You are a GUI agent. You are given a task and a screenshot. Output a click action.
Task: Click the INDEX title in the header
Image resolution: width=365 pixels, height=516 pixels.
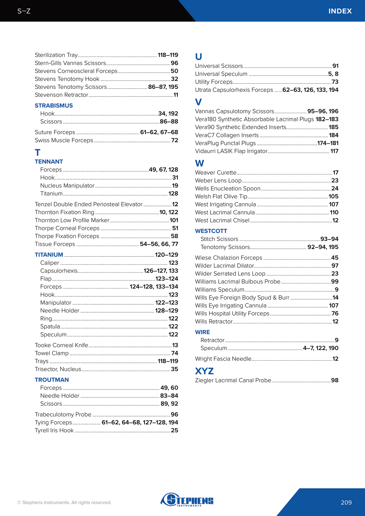point(340,11)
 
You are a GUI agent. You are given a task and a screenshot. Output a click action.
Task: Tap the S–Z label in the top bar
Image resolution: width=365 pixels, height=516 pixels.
point(24,11)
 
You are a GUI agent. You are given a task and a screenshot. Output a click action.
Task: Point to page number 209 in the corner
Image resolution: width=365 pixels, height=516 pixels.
point(346,502)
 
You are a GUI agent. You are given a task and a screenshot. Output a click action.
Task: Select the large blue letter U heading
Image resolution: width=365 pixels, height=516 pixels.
point(199,57)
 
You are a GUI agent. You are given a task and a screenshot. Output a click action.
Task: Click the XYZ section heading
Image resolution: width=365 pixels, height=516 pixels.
point(204,371)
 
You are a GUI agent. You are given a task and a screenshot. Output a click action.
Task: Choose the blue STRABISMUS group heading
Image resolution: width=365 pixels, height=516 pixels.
point(54,106)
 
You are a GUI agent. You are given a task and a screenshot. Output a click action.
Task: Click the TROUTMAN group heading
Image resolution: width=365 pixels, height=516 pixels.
point(52,380)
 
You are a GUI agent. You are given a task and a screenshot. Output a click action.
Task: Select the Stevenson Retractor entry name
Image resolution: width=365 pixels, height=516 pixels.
point(61,95)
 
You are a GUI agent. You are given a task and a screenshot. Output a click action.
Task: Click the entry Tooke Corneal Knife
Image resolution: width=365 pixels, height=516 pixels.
point(61,345)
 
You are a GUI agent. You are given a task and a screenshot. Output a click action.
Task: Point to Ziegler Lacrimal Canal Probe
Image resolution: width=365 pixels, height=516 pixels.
point(233,380)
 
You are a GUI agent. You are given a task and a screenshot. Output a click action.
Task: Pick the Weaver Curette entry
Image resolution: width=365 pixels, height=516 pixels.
point(216,173)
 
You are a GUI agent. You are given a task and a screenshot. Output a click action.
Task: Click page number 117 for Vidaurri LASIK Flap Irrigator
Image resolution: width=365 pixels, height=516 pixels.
point(334,151)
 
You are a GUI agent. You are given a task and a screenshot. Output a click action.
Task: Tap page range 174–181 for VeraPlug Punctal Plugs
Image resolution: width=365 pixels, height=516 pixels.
point(328,143)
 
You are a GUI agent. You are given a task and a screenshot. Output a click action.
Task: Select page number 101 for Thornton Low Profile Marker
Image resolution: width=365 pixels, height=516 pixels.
point(174,220)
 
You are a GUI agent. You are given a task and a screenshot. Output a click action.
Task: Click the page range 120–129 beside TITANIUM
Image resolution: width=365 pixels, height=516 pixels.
point(166,255)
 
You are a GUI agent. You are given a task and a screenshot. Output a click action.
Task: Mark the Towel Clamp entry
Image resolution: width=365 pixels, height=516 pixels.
point(52,353)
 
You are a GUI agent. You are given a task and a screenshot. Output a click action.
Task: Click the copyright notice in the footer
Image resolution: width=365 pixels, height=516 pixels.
point(64,502)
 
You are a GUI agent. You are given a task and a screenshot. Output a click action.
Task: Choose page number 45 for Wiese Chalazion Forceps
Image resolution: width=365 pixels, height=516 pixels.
point(335,258)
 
